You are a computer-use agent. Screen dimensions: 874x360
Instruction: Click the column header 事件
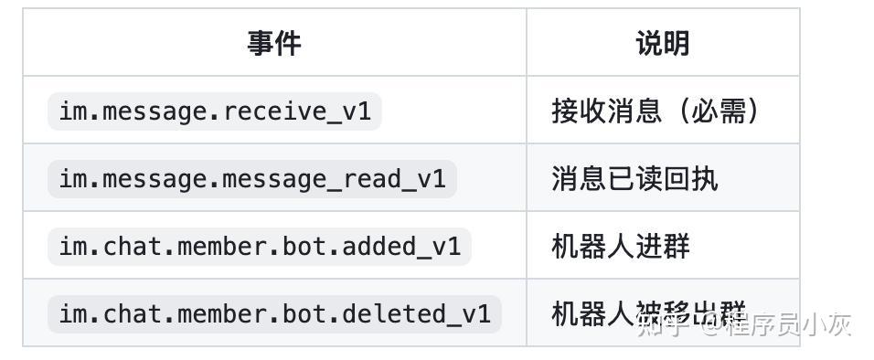[274, 43]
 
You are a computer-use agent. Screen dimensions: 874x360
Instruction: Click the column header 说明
[663, 43]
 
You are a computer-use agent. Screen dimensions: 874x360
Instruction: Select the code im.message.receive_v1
[215, 111]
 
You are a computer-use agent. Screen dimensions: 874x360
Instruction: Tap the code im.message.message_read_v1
[252, 179]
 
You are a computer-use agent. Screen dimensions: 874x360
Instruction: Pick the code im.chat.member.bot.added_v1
[260, 247]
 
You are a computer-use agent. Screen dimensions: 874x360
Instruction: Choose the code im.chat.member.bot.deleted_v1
[274, 314]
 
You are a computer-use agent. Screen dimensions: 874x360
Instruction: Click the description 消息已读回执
[634, 179]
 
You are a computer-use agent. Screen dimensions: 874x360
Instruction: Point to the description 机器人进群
[621, 247]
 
